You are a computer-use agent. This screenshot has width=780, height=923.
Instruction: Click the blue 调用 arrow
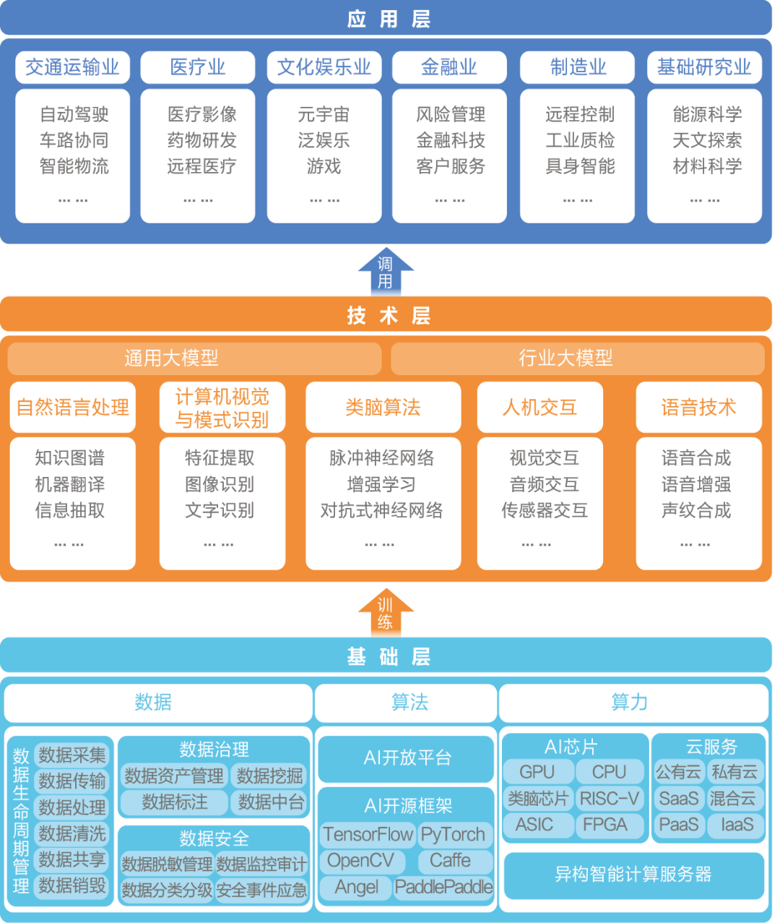click(386, 272)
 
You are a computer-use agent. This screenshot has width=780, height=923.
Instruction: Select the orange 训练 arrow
click(386, 612)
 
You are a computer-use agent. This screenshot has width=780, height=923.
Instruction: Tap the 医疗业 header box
click(198, 67)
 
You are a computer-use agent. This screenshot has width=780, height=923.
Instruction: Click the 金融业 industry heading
click(449, 67)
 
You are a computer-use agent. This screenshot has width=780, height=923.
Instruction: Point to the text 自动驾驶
click(74, 114)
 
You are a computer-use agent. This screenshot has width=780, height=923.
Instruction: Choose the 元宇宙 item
click(324, 114)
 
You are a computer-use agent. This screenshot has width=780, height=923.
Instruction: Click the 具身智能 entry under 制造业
click(580, 166)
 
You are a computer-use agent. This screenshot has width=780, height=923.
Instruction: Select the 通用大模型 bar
click(194, 358)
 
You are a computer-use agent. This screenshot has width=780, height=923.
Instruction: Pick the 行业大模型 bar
click(578, 358)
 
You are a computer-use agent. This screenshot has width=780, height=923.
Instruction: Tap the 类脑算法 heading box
click(383, 407)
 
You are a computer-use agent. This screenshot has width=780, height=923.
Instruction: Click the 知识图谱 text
click(70, 458)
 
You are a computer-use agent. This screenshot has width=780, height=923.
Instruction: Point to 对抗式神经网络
click(381, 510)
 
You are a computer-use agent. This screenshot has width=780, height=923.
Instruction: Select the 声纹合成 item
click(696, 510)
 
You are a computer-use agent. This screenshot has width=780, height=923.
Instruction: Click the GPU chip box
click(538, 772)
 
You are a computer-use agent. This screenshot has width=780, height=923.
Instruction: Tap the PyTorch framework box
click(454, 834)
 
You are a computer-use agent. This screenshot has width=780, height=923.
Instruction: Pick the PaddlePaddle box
click(443, 887)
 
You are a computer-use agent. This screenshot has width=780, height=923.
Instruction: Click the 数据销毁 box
click(71, 885)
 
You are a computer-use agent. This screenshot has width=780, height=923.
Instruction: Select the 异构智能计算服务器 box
click(633, 875)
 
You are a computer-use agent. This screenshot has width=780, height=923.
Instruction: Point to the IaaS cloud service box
click(737, 824)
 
